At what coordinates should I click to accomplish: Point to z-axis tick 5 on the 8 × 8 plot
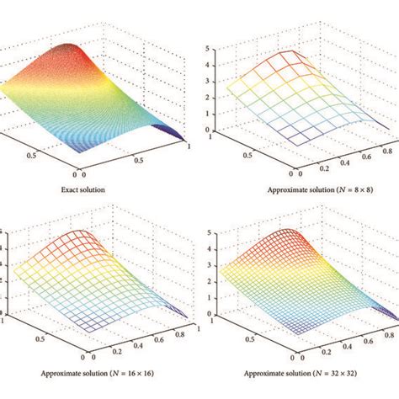(218, 51)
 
